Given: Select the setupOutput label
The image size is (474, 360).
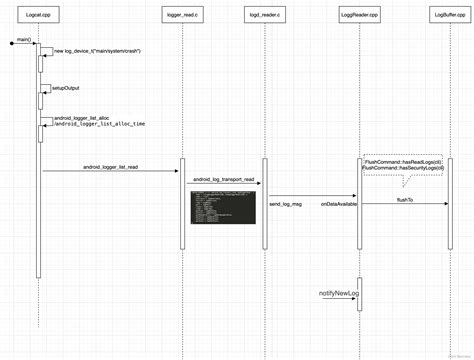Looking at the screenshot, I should tap(67, 88).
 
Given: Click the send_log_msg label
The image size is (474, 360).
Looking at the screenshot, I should tap(287, 203).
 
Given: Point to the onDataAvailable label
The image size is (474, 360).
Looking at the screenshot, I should tap(338, 203).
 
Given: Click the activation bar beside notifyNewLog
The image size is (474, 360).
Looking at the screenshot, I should tap(359, 293).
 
